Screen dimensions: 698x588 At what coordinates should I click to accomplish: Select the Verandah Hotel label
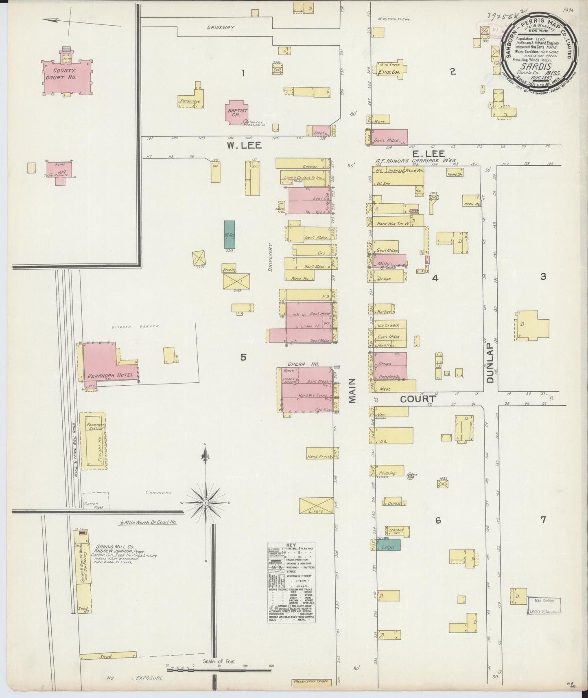[108, 375]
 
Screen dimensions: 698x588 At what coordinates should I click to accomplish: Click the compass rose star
[206, 503]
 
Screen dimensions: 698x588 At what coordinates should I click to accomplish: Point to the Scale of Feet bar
[219, 676]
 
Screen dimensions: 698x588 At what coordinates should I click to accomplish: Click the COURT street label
[418, 399]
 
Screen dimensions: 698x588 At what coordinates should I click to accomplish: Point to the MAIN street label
[352, 391]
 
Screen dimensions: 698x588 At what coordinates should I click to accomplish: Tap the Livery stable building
[316, 505]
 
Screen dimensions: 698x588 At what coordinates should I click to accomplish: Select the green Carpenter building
[390, 544]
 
